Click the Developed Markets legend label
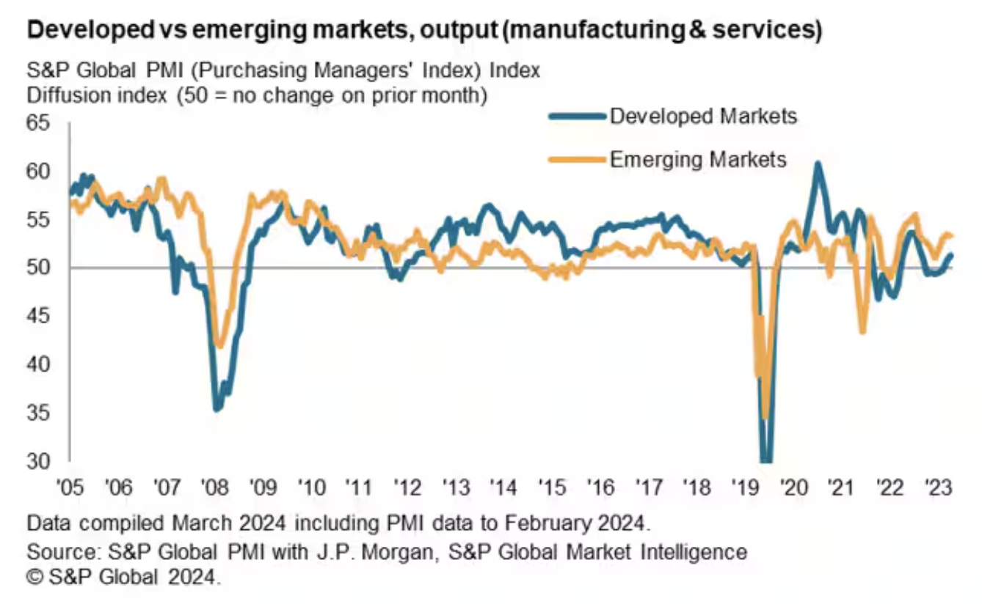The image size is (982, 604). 703,116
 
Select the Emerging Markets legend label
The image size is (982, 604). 698,159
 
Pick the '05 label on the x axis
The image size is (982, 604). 70,486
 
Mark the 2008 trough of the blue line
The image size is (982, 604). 217,408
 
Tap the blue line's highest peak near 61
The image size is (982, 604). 818,163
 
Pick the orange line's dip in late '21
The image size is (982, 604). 862,332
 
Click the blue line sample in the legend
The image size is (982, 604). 577,116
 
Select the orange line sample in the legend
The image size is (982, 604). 577,159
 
